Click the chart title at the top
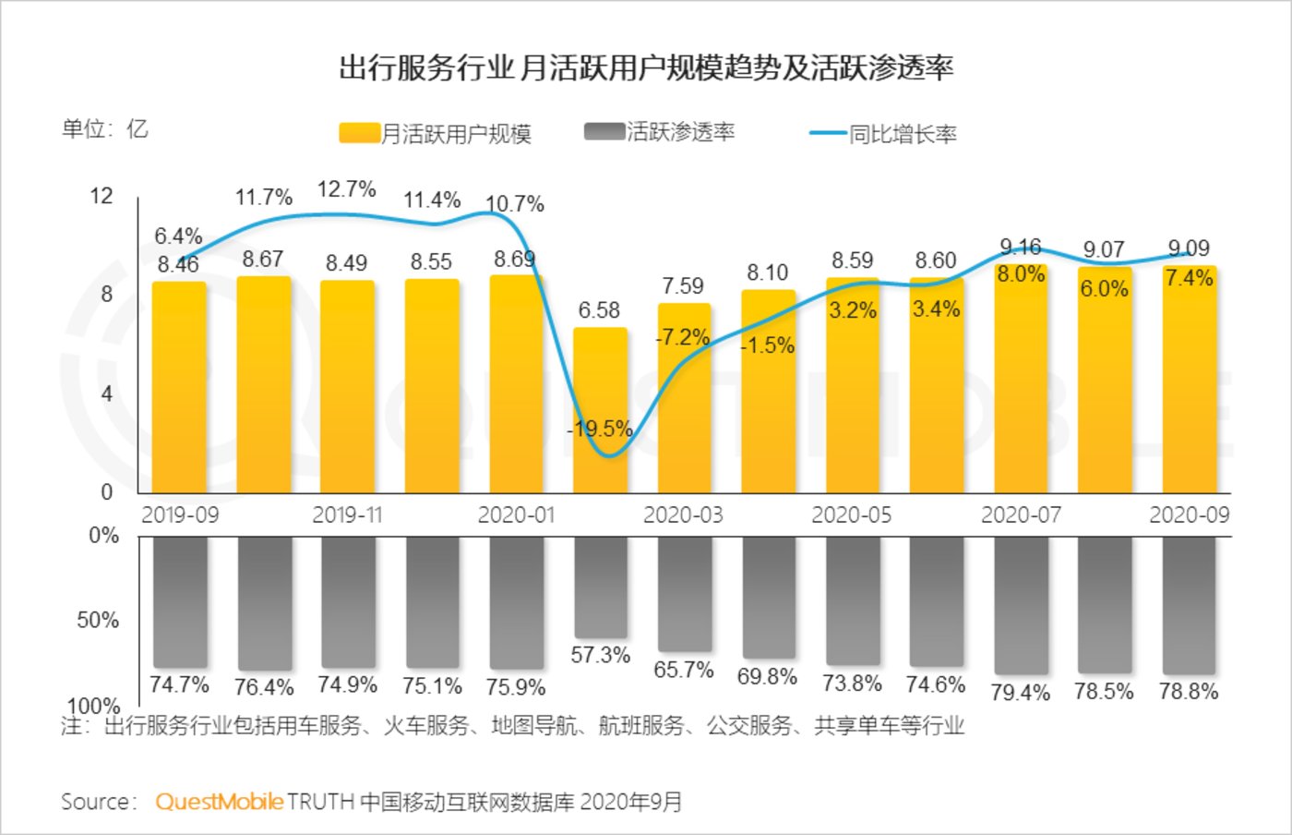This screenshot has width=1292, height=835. (646, 68)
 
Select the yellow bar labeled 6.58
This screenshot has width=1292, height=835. (600, 411)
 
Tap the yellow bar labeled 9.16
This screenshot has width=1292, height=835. (1021, 379)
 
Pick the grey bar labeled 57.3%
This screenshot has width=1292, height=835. (600, 587)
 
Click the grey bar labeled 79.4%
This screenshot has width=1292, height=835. (1021, 605)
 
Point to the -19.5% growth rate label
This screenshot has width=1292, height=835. (600, 429)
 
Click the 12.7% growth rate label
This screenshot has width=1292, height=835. (346, 189)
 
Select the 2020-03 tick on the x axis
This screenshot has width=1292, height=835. (683, 514)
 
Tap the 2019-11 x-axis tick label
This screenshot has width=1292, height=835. (346, 514)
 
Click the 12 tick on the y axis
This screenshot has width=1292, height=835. (102, 196)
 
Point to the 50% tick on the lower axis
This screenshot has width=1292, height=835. (98, 620)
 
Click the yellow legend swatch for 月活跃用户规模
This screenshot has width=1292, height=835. (359, 133)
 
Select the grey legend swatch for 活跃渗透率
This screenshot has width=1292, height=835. (604, 131)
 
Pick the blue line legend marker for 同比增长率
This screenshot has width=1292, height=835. (828, 133)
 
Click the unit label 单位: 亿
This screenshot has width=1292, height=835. (104, 129)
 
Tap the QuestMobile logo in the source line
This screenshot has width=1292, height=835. (219, 801)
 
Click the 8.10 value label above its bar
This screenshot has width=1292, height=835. (767, 272)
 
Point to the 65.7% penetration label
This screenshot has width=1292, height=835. (683, 670)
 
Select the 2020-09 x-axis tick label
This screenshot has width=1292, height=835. (1189, 514)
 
